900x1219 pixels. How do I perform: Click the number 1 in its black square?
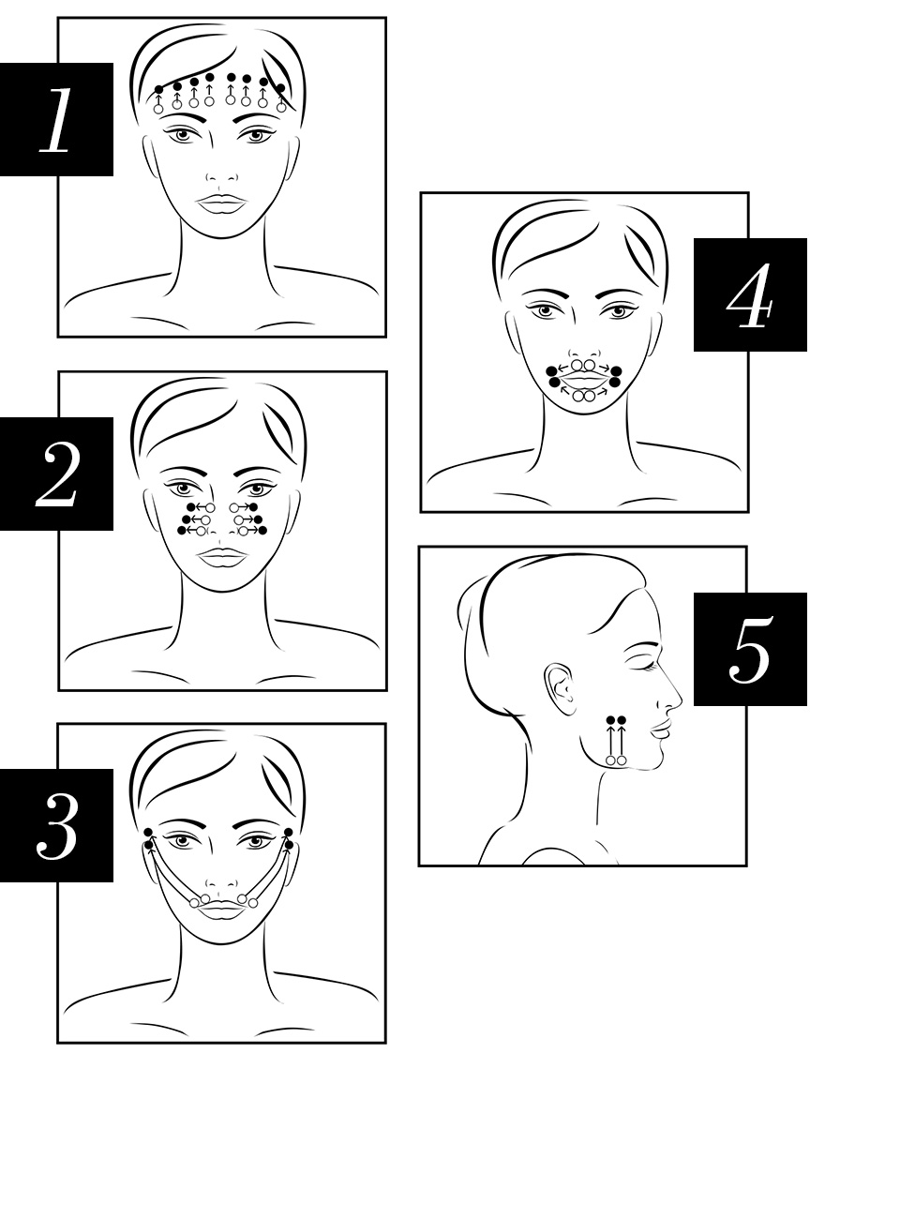point(56,120)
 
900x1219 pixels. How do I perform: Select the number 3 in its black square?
point(57,827)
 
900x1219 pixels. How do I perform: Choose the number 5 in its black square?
point(751,649)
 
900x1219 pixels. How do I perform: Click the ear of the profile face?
point(558,690)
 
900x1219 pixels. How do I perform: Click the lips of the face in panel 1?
point(222,203)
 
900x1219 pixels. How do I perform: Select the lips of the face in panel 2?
point(222,557)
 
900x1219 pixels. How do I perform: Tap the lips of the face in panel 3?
point(222,910)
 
